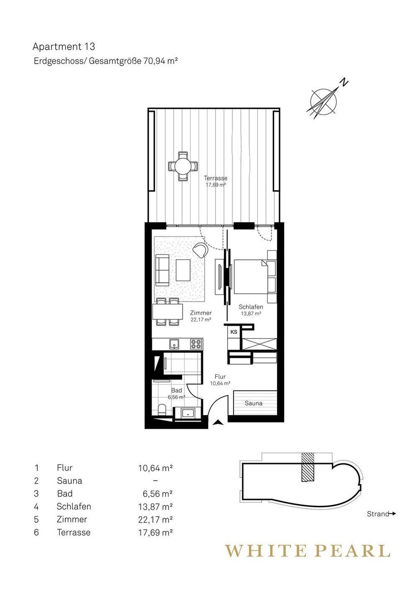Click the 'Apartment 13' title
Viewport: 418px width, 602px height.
[64, 47]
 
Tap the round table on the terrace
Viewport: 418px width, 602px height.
[182, 166]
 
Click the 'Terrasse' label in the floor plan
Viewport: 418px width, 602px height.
[215, 178]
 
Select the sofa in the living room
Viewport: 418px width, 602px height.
[162, 270]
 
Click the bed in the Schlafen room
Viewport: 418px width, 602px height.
[251, 277]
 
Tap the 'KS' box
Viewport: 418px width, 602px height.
[234, 332]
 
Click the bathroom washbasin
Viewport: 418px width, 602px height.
[187, 413]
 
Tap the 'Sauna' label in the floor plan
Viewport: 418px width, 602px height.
[254, 403]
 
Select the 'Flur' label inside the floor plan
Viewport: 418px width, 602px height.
[220, 377]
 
